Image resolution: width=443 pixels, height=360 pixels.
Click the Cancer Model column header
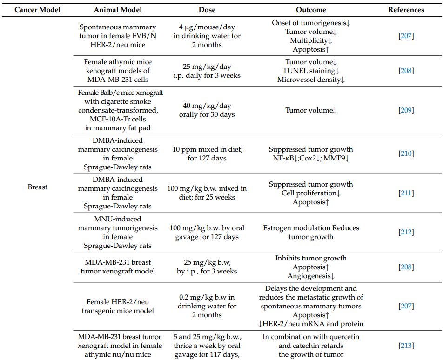(x=38, y=9)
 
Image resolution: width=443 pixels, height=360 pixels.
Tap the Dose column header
(x=207, y=9)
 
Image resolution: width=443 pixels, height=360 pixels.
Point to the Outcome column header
(x=311, y=9)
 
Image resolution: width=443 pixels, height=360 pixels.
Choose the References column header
(x=406, y=9)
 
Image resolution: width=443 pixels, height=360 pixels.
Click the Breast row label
(x=38, y=187)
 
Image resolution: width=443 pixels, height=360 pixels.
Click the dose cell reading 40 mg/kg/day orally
(x=207, y=110)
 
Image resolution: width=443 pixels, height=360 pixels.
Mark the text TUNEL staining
(x=309, y=71)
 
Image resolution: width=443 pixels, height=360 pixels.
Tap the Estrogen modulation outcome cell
(x=311, y=232)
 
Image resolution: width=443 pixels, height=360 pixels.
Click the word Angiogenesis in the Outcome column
(x=309, y=276)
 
